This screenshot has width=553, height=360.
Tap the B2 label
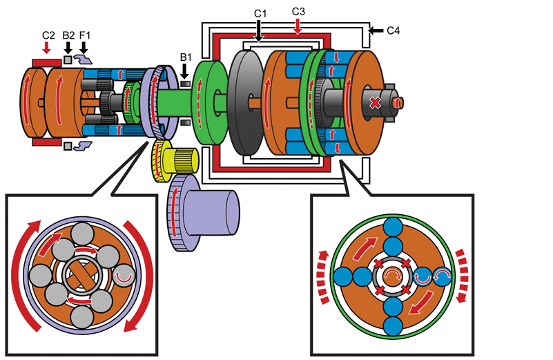(x=68, y=35)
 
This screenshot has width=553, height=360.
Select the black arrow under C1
(x=258, y=30)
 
